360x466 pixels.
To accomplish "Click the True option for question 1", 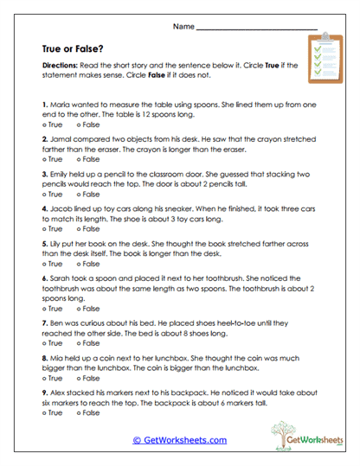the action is click(x=53, y=125).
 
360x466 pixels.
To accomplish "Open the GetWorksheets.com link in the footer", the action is click(x=180, y=440).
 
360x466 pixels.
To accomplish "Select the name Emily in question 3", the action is click(x=60, y=173).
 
